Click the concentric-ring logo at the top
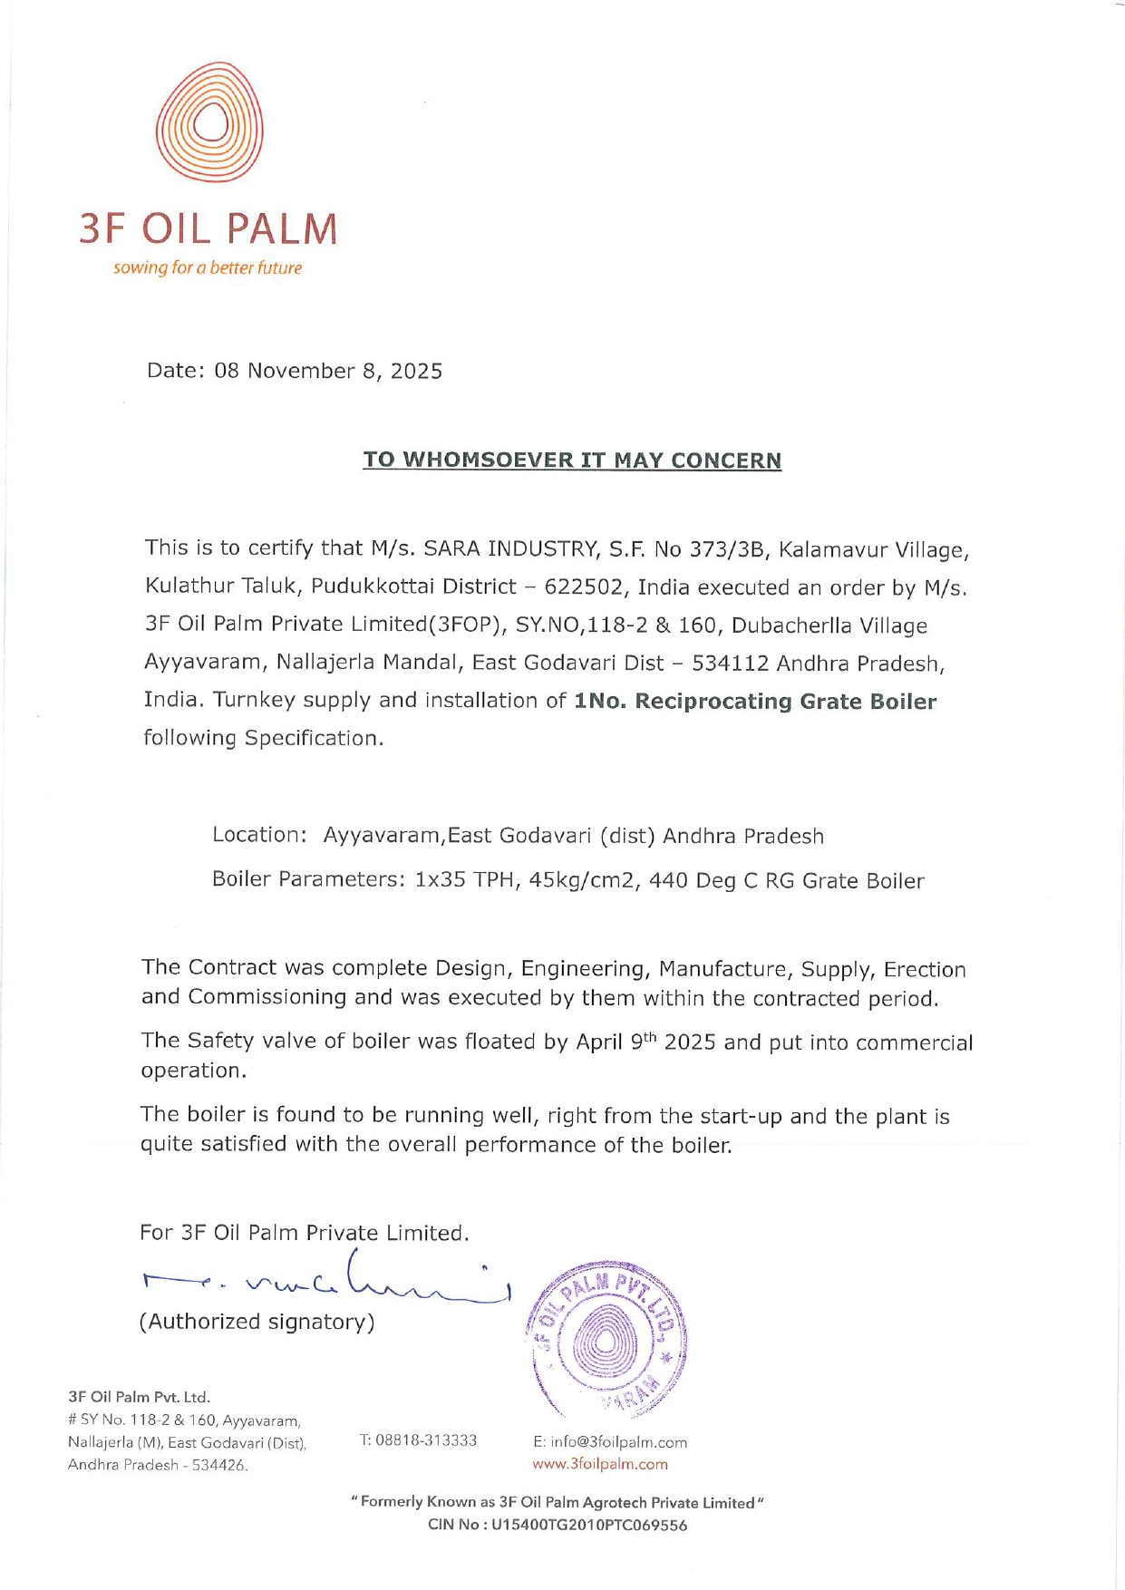coord(209,121)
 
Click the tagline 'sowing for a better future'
coord(208,268)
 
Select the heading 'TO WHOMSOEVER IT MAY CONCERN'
coord(572,461)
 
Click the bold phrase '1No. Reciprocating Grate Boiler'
coord(755,702)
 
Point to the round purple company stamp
coord(606,1339)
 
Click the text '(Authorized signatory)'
coord(257,1322)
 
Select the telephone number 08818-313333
coord(426,1440)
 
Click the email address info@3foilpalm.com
coord(610,1442)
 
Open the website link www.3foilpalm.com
coord(600,1464)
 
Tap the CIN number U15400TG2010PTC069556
coord(589,1526)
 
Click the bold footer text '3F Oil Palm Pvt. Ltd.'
coord(140,1397)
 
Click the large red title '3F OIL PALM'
coord(208,229)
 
